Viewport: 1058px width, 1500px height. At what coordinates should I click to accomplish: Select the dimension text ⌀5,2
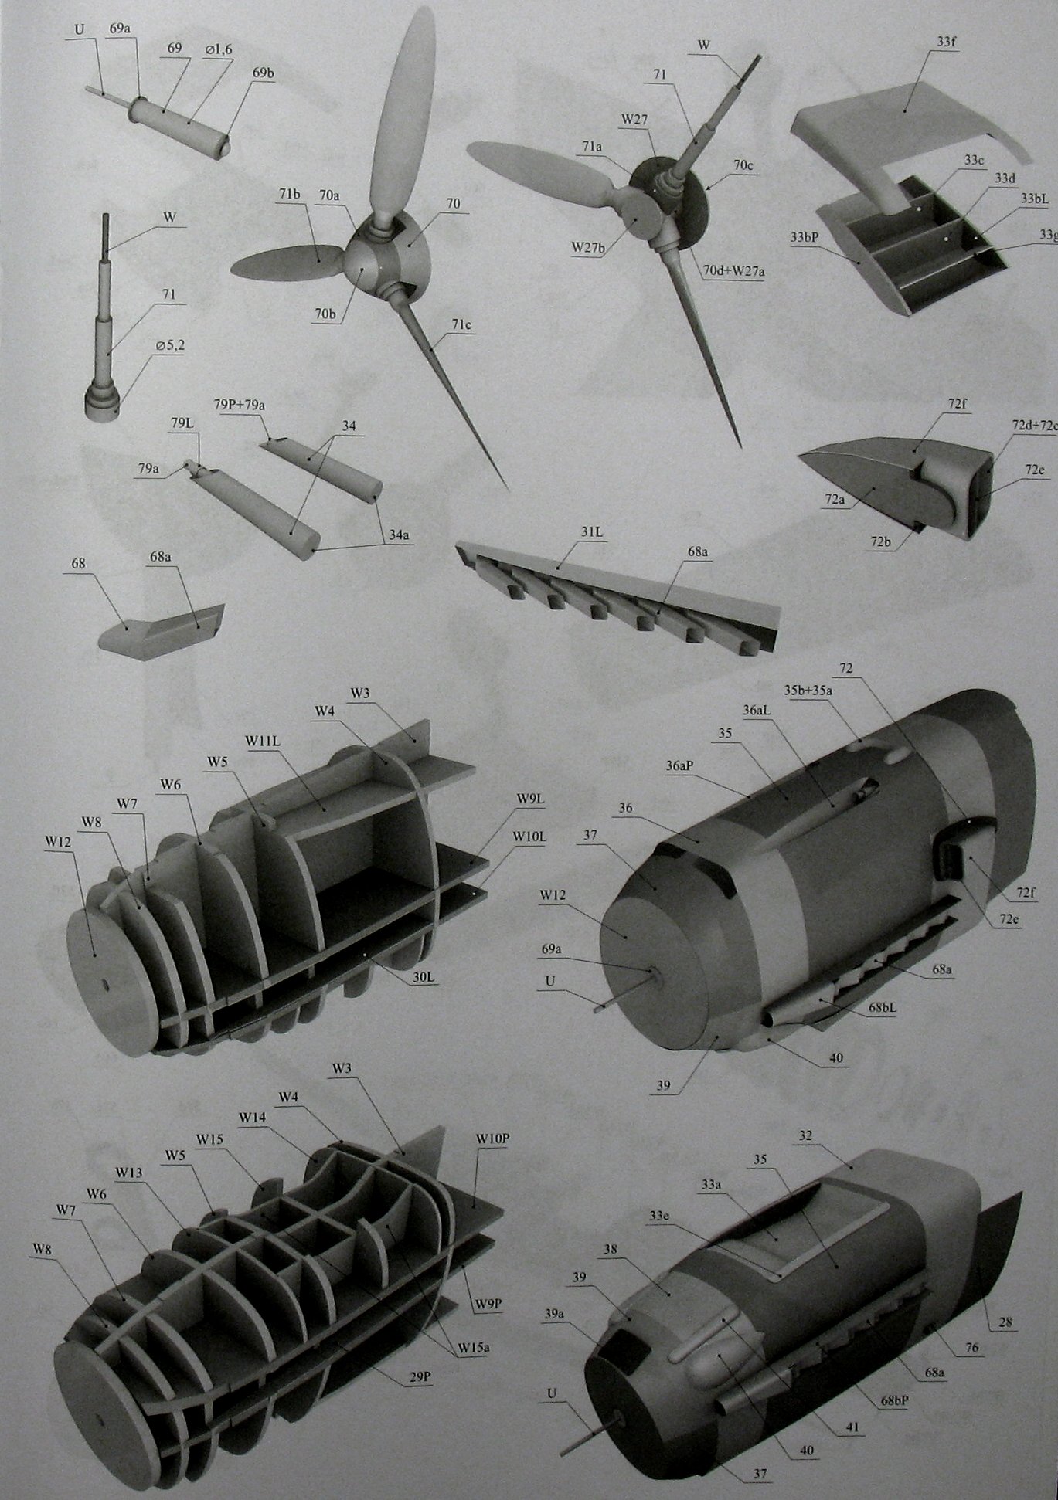(169, 346)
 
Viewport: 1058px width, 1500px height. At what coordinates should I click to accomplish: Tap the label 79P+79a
(240, 404)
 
